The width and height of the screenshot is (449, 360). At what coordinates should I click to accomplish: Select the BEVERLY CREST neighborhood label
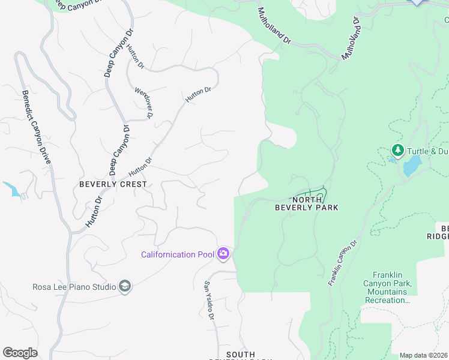coord(113,184)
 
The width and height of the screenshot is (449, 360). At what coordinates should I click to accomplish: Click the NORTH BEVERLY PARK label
coord(306,203)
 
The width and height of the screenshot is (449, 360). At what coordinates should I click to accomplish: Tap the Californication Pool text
coord(177,254)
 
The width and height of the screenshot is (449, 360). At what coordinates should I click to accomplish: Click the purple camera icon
coord(223,254)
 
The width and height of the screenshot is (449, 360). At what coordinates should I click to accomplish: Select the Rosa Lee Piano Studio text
coord(74,287)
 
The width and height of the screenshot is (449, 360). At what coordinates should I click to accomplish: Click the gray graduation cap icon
coord(125,286)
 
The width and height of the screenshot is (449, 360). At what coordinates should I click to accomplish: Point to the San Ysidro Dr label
coord(209,300)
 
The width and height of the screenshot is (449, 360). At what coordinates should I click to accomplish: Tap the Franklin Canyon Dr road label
coord(343,263)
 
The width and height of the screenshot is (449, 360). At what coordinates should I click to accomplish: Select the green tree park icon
coord(396,149)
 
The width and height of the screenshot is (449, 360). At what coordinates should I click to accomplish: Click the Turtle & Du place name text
coord(427,151)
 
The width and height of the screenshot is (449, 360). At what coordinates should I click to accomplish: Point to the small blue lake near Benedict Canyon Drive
coord(13,189)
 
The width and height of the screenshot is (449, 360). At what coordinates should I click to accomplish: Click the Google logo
coord(20,352)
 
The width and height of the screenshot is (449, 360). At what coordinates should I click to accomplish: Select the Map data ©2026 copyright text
coord(423,355)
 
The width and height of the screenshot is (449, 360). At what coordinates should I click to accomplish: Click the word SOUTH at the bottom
coord(241,355)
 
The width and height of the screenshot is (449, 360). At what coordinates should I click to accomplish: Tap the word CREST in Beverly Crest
coord(132,184)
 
